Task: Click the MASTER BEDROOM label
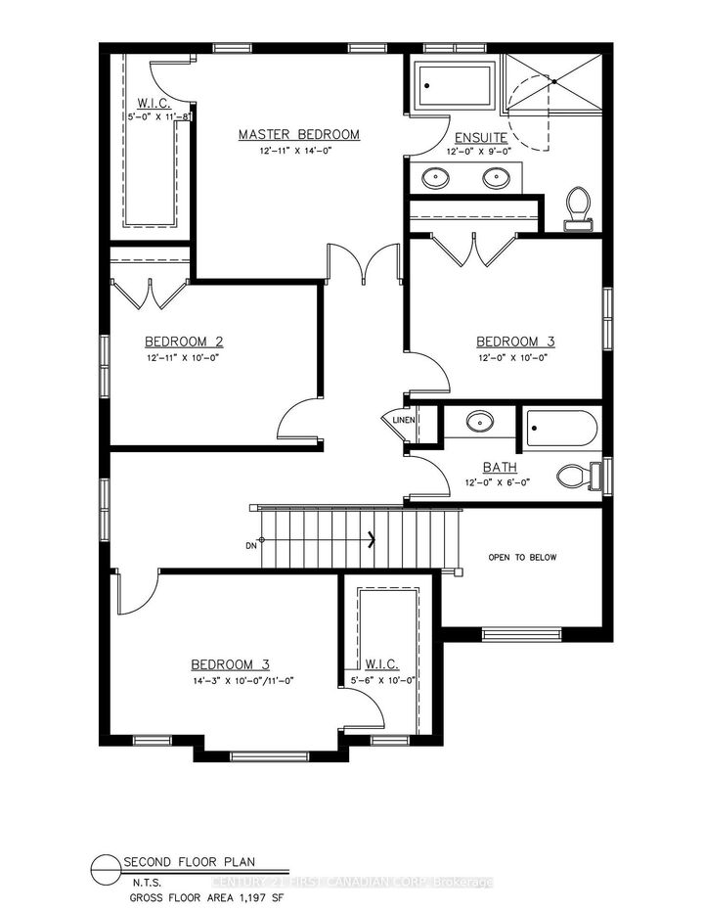tap(299, 134)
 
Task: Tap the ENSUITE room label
tap(479, 138)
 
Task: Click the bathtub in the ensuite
tap(454, 86)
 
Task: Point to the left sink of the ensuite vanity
tap(436, 178)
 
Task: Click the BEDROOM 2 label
tap(184, 342)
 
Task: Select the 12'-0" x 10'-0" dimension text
tap(515, 358)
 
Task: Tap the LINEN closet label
tap(405, 421)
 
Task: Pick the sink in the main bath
tap(479, 423)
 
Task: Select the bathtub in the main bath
tap(561, 427)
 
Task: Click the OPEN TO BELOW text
tap(522, 557)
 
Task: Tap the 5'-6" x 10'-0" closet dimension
tap(384, 681)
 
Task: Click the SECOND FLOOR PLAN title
tap(178, 862)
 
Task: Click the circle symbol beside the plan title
tap(105, 869)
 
